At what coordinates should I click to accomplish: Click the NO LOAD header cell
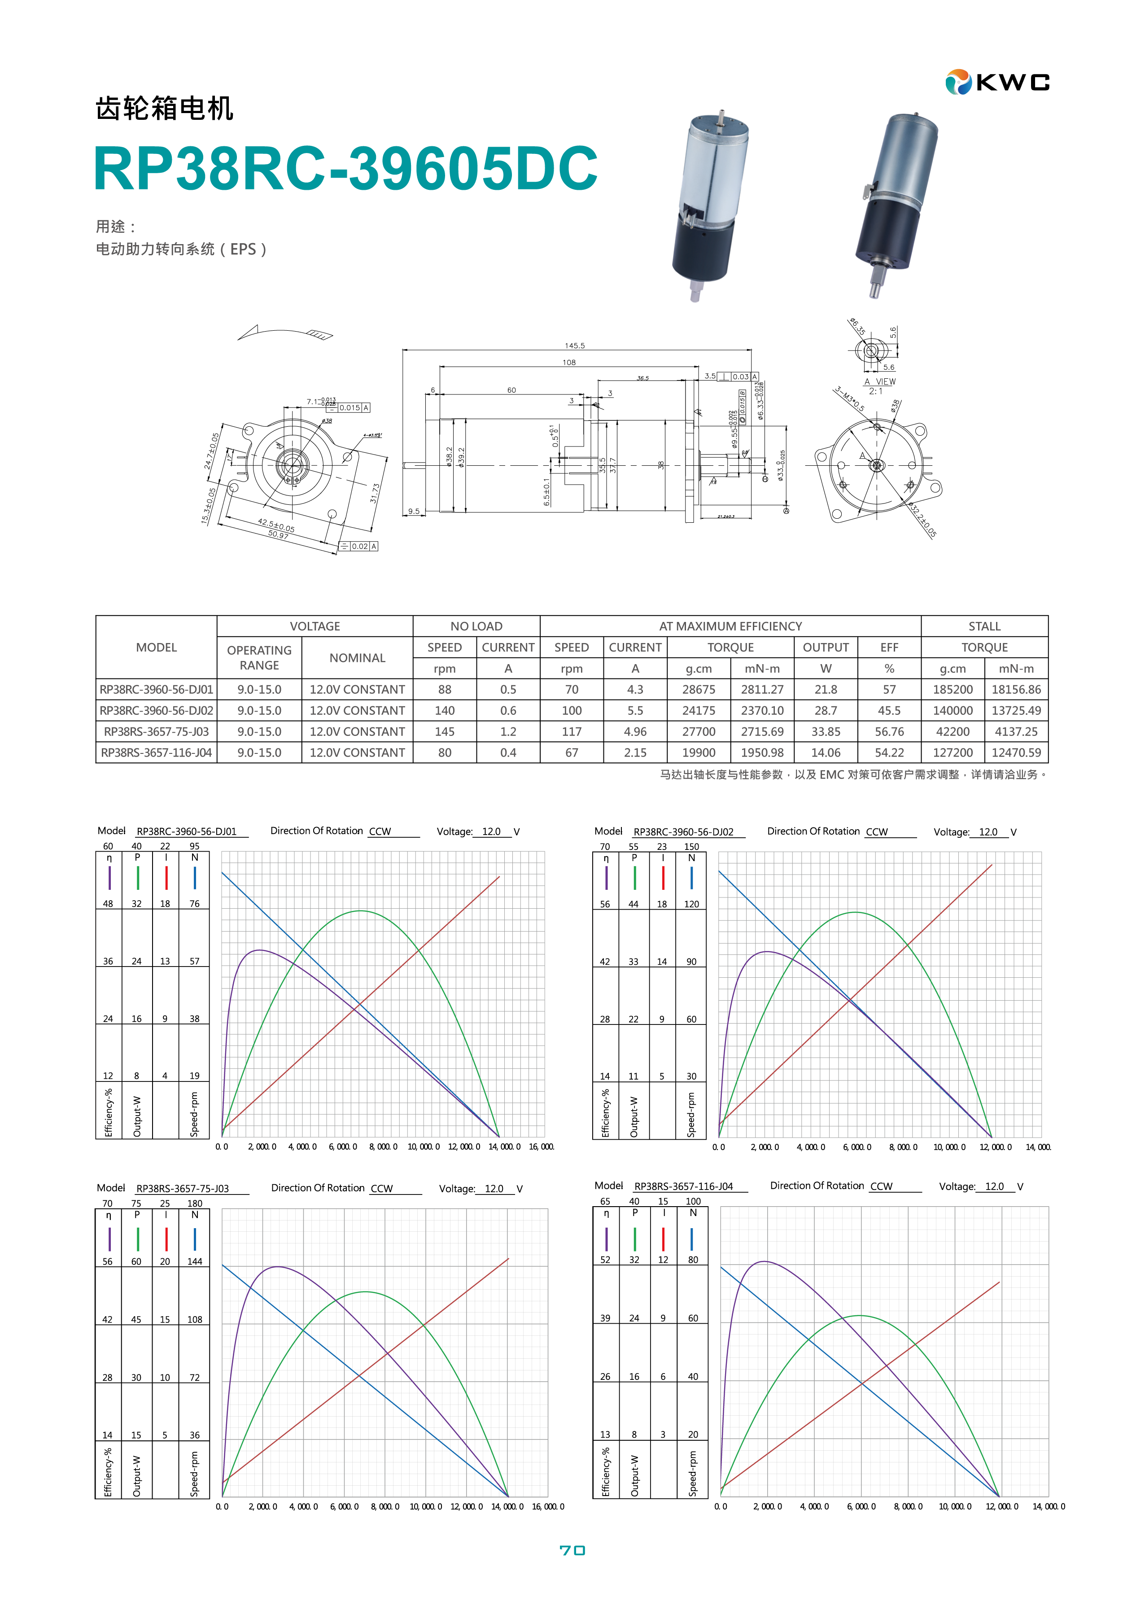coord(476,626)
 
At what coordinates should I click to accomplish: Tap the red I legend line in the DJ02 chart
coord(663,878)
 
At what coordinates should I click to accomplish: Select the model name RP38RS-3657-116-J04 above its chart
coord(683,1186)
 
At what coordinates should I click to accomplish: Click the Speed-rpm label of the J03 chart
coord(195,1474)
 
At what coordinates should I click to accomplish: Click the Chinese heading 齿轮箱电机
coord(164,109)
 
